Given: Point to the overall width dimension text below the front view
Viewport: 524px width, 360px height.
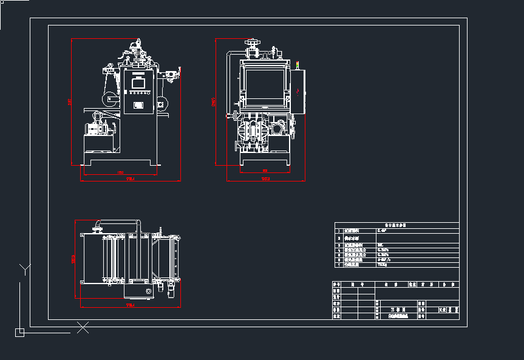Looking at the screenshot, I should pyautogui.click(x=130, y=180).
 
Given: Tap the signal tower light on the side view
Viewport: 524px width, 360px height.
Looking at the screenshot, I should pyautogui.click(x=298, y=64).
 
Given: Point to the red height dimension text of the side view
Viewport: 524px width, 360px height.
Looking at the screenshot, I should pyautogui.click(x=213, y=101).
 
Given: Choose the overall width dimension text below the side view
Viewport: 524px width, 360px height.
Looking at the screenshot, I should pyautogui.click(x=265, y=180).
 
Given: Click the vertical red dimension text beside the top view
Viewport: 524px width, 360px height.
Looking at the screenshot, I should pyautogui.click(x=73, y=259).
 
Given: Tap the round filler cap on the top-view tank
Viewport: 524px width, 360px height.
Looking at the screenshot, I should pyautogui.click(x=148, y=293).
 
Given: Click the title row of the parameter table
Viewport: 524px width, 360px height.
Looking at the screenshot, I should pyautogui.click(x=396, y=225).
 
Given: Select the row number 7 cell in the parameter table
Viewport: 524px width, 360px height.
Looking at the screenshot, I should pyautogui.click(x=339, y=265).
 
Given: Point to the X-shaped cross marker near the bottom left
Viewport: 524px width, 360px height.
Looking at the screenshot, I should pyautogui.click(x=83, y=328).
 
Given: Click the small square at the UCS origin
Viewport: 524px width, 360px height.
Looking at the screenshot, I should pyautogui.click(x=19, y=332).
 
